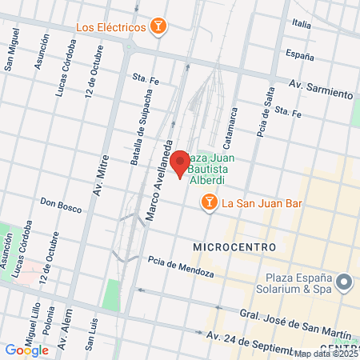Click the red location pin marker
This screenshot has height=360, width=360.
[180, 163]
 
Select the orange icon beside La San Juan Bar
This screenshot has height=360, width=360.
[210, 203]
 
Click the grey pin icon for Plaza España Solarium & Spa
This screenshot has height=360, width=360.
[345, 282]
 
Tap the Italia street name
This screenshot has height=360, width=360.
[302, 24]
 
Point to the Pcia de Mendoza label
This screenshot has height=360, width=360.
[181, 266]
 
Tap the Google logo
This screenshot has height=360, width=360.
[26, 350]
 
